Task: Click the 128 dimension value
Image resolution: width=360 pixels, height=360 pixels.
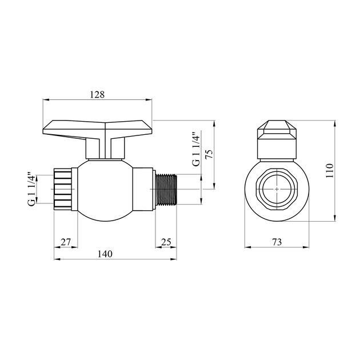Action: pos(98,95)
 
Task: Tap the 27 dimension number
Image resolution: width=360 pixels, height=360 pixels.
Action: pos(66,242)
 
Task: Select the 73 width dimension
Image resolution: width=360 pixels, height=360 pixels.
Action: pos(277,242)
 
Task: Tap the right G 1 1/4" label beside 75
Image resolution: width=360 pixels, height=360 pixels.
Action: pos(196,150)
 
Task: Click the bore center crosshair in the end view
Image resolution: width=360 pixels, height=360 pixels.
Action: pos(277,188)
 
